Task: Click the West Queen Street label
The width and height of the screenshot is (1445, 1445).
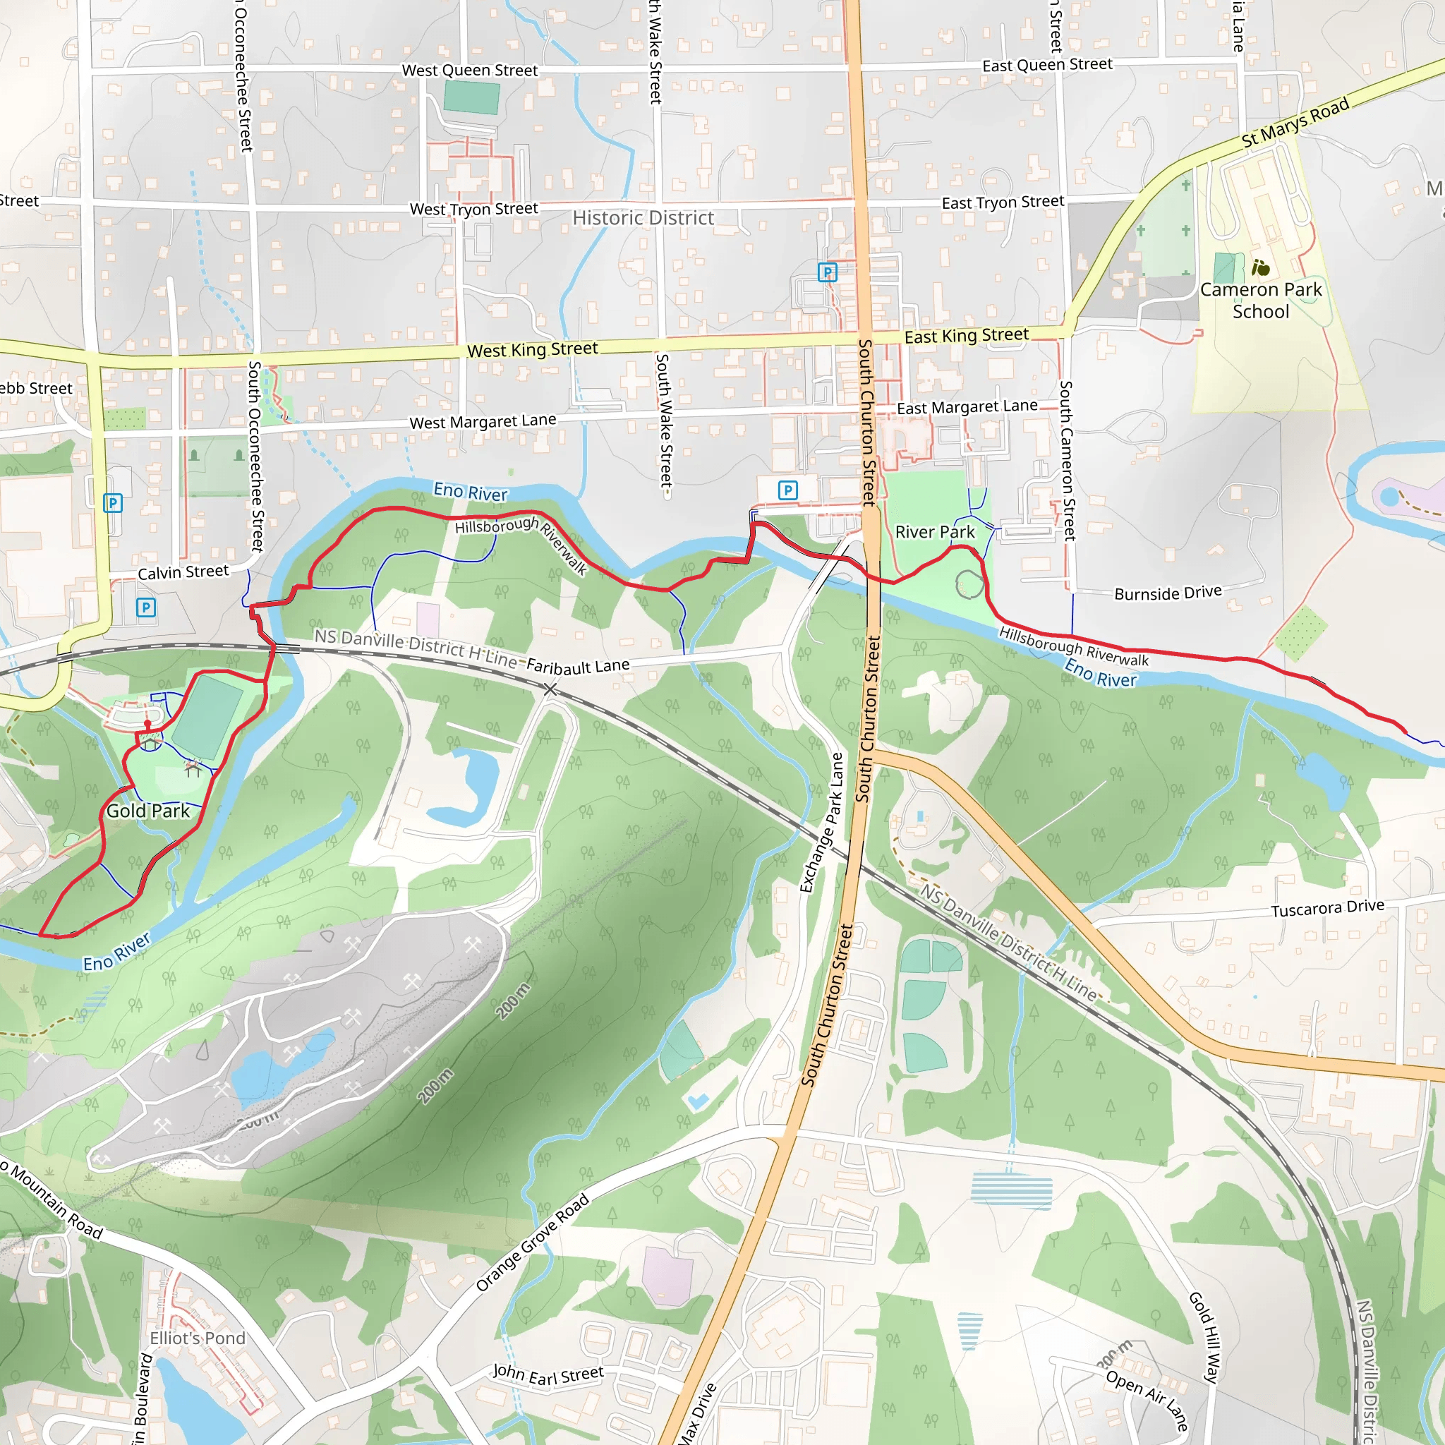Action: point(470,71)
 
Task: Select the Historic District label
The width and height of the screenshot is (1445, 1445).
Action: point(643,219)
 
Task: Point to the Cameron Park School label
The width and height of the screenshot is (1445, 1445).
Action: point(1261,301)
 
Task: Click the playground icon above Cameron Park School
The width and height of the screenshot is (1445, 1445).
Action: point(1261,267)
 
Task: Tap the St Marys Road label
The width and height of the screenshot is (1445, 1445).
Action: point(1295,123)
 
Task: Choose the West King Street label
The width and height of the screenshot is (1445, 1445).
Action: point(533,350)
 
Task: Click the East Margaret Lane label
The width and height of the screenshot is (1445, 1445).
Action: point(967,407)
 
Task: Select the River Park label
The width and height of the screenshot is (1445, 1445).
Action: point(935,533)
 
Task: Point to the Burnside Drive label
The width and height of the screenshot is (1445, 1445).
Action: point(1168,593)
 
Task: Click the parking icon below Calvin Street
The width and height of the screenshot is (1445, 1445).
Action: point(147,607)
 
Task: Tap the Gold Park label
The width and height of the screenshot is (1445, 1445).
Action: point(148,811)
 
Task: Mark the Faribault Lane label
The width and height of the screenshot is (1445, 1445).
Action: point(578,665)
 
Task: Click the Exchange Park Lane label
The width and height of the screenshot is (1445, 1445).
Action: point(821,823)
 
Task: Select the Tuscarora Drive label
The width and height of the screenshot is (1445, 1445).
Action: point(1328,908)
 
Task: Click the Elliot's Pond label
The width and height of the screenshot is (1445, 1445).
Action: point(198,1338)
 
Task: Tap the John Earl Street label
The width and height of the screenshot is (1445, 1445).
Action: point(548,1374)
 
